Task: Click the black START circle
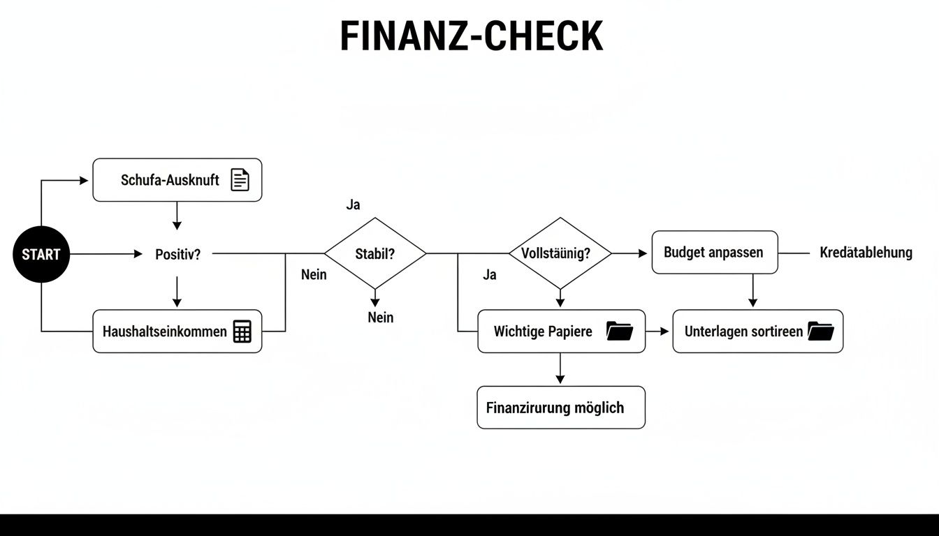pyautogui.click(x=41, y=255)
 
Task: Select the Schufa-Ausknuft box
pyautogui.click(x=177, y=180)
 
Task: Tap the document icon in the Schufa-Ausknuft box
pyautogui.click(x=240, y=180)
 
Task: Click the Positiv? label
pyautogui.click(x=177, y=255)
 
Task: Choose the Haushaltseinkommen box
pyautogui.click(x=177, y=332)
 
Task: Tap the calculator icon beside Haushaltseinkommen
pyautogui.click(x=242, y=332)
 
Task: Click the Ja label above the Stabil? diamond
pyautogui.click(x=354, y=205)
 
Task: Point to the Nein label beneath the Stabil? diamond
pyautogui.click(x=381, y=318)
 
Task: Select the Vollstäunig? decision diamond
pyautogui.click(x=560, y=253)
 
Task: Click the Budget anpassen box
pyautogui.click(x=714, y=253)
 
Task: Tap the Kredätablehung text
pyautogui.click(x=866, y=253)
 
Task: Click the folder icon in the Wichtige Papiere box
pyautogui.click(x=619, y=331)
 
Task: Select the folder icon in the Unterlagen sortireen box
pyautogui.click(x=820, y=331)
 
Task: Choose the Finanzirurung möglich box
pyautogui.click(x=561, y=408)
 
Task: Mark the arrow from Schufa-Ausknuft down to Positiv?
pyautogui.click(x=177, y=216)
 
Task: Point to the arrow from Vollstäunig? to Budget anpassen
pyautogui.click(x=629, y=254)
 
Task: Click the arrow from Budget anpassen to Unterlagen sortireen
pyautogui.click(x=752, y=290)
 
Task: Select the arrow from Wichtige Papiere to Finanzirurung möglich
pyautogui.click(x=560, y=368)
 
